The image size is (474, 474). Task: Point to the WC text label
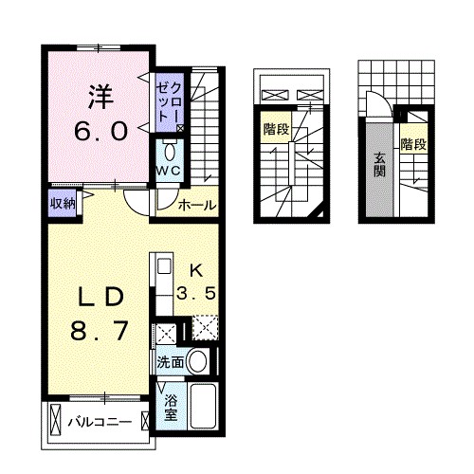(169, 170)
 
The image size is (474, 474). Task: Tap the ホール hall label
(196, 205)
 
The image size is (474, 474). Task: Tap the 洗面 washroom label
(170, 360)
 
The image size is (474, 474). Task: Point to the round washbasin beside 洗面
(197, 359)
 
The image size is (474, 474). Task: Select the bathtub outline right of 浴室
(202, 408)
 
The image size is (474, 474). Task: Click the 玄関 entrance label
(379, 164)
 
